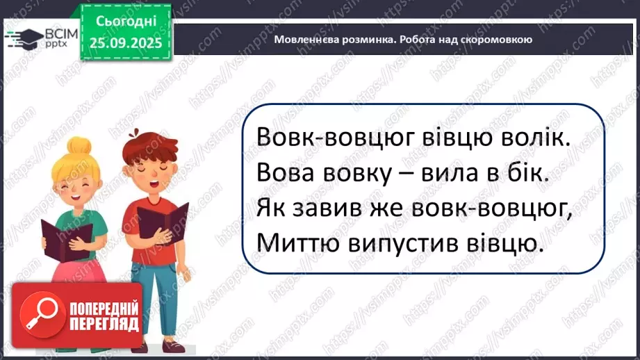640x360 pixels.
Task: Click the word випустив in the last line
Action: point(404,242)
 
